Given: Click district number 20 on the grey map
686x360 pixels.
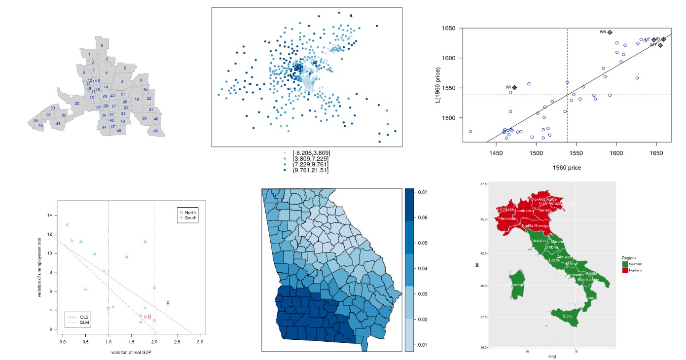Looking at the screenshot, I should [x=77, y=104].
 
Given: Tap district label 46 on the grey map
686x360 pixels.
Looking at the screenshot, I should [x=156, y=131].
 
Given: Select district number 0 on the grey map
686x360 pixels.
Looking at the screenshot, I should [x=102, y=45].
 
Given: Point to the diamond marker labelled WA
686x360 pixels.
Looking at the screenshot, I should [x=610, y=32].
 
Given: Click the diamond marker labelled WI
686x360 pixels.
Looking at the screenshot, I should [x=514, y=87].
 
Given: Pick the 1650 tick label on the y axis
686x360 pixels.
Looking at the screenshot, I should [x=448, y=28].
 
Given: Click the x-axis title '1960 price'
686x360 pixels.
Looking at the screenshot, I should [x=567, y=168].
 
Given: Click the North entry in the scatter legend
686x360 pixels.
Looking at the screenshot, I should [x=190, y=213].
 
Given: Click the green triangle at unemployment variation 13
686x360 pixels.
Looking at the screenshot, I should [x=67, y=224].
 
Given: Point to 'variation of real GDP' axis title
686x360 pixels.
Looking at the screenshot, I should [x=131, y=353].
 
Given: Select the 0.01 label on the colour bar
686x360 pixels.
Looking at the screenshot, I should [x=423, y=345].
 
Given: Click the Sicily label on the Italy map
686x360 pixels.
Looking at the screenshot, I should [x=571, y=314].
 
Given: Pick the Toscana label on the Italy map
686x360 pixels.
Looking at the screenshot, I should [x=539, y=241].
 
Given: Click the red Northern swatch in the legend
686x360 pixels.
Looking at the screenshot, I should [x=625, y=270].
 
